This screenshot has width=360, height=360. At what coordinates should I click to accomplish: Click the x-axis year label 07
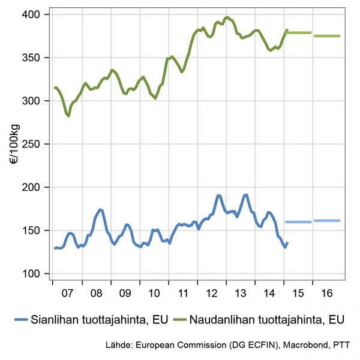(67, 294)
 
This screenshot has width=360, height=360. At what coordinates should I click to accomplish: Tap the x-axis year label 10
(154, 294)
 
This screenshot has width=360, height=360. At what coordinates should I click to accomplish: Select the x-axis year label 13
(241, 294)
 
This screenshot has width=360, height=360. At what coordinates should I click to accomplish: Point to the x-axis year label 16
(328, 294)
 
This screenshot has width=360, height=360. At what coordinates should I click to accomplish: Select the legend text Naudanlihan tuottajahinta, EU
(266, 319)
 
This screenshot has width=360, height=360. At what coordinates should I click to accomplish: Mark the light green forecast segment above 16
(327, 36)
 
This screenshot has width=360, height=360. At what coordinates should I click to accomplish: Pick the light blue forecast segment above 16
(327, 221)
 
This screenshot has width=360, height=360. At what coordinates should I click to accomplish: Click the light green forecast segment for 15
(299, 32)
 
